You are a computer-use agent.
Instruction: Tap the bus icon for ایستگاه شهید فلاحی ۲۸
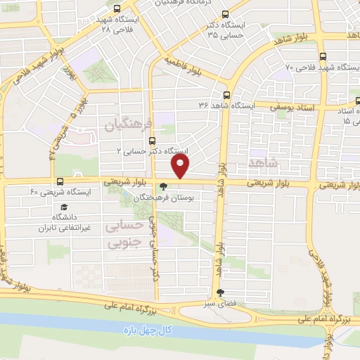pos(117,9)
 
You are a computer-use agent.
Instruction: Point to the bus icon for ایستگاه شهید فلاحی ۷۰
pos(323,57)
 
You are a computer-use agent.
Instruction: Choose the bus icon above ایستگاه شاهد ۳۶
pos(226,95)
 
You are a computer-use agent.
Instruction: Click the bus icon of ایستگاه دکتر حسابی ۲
pos(152,141)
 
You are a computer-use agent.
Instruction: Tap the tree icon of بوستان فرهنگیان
pos(164,187)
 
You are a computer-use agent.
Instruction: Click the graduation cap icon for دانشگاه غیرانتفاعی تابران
pos(64,207)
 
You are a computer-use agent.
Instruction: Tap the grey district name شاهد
pos(264,163)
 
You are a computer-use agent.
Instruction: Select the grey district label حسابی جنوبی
pos(124,234)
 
